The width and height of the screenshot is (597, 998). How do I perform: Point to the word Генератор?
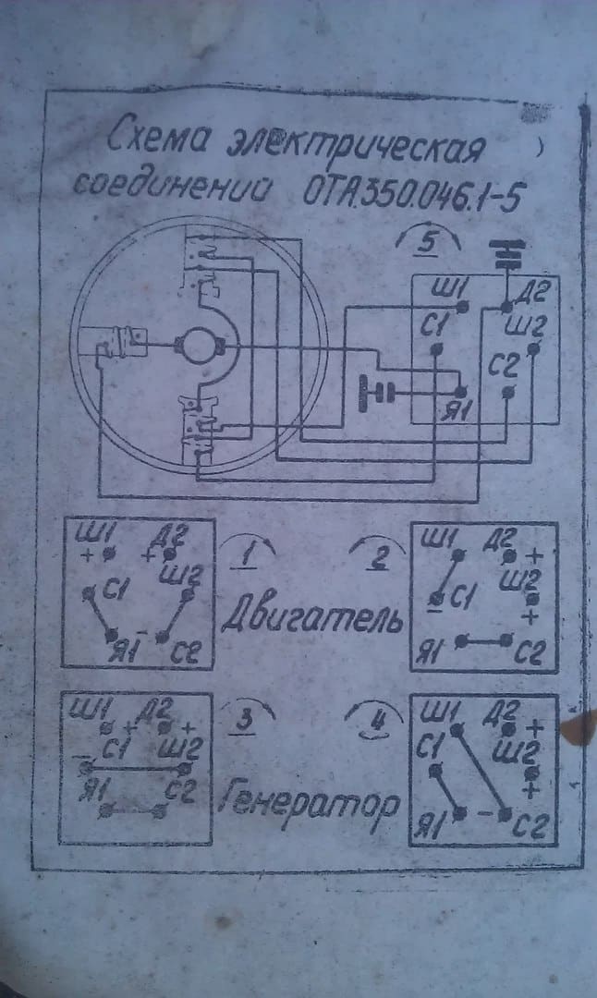311,804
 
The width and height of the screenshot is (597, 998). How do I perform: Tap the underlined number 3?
245,720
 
